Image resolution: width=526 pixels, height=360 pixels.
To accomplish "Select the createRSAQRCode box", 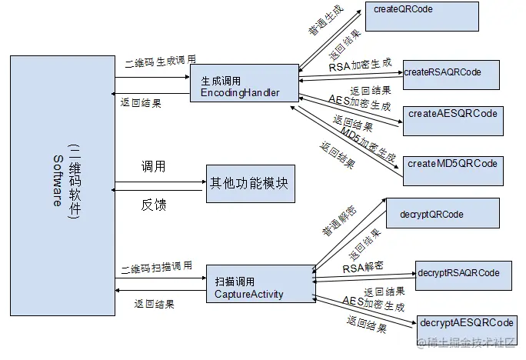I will coord(451,75).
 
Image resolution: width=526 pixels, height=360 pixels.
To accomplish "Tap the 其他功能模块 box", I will coord(250,185).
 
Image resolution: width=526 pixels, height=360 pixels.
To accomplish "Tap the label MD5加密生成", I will coord(368,146).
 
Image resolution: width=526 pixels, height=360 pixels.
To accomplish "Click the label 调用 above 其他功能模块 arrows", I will coord(153,166).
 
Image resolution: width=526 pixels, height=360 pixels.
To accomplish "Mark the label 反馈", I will coord(153,205).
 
